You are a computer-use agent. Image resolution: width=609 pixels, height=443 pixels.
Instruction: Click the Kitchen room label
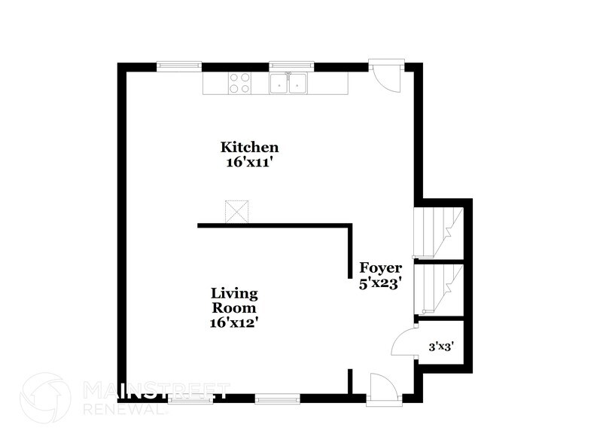pyautogui.click(x=249, y=147)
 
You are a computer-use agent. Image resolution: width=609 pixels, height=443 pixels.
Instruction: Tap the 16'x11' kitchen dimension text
pyautogui.click(x=249, y=161)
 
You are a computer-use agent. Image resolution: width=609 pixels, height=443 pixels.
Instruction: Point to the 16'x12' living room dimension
pyautogui.click(x=234, y=322)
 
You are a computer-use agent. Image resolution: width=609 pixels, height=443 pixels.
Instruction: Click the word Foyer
pyautogui.click(x=380, y=268)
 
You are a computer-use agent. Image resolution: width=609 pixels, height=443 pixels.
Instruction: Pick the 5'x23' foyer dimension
pyautogui.click(x=379, y=283)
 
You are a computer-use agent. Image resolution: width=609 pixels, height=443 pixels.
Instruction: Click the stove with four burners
pyautogui.click(x=239, y=83)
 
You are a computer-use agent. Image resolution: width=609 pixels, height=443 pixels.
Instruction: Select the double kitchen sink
pyautogui.click(x=290, y=83)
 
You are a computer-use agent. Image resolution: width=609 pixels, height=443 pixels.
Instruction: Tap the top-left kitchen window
pyautogui.click(x=179, y=66)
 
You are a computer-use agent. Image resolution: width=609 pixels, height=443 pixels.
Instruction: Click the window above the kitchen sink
pyautogui.click(x=291, y=66)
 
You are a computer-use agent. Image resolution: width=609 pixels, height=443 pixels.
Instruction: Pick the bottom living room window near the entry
pyautogui.click(x=277, y=397)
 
